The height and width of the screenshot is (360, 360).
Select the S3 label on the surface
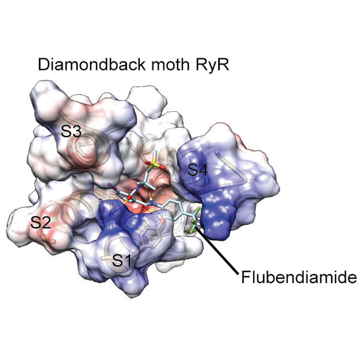tap(72, 131)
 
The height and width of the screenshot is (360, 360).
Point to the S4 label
tap(198, 170)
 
